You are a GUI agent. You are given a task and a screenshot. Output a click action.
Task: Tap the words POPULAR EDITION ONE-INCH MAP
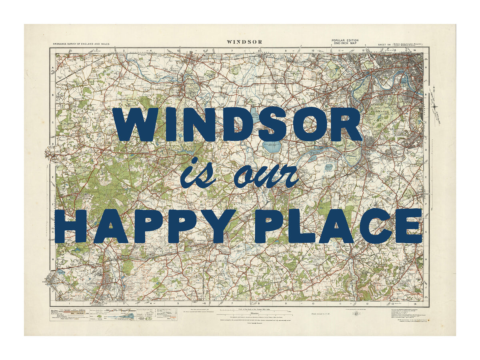pos(345,42)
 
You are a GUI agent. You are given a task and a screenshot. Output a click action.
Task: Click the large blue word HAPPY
pos(146,226)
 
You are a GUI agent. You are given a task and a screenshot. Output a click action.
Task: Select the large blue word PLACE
pos(338,226)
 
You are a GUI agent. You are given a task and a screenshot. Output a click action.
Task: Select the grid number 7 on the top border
pos(232,51)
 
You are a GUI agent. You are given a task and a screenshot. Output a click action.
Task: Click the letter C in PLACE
pos(376,226)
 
